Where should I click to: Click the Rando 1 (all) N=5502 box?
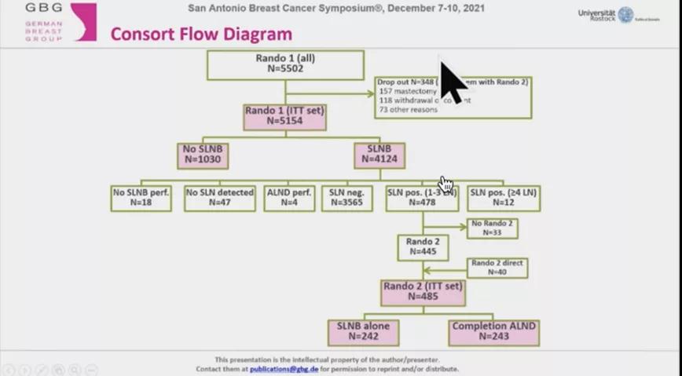[x=285, y=64]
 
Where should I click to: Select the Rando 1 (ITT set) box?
[x=284, y=116]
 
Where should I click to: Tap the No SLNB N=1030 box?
[x=203, y=155]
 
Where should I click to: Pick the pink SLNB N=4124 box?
[x=379, y=155]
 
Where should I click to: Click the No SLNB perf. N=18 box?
[x=141, y=198]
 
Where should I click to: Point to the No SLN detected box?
[x=220, y=198]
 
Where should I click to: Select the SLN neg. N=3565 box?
[x=346, y=198]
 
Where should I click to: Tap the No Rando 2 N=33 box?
[x=493, y=228]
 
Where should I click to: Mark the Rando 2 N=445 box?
[x=423, y=247]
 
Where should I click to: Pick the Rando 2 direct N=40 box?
[x=497, y=268]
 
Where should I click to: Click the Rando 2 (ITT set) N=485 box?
[x=423, y=292]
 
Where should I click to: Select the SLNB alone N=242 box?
[x=363, y=332]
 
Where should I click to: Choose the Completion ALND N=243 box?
[x=494, y=332]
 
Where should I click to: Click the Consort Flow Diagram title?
[x=201, y=35]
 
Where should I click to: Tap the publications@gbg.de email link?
[x=284, y=369]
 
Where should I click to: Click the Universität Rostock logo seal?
[x=625, y=15]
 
